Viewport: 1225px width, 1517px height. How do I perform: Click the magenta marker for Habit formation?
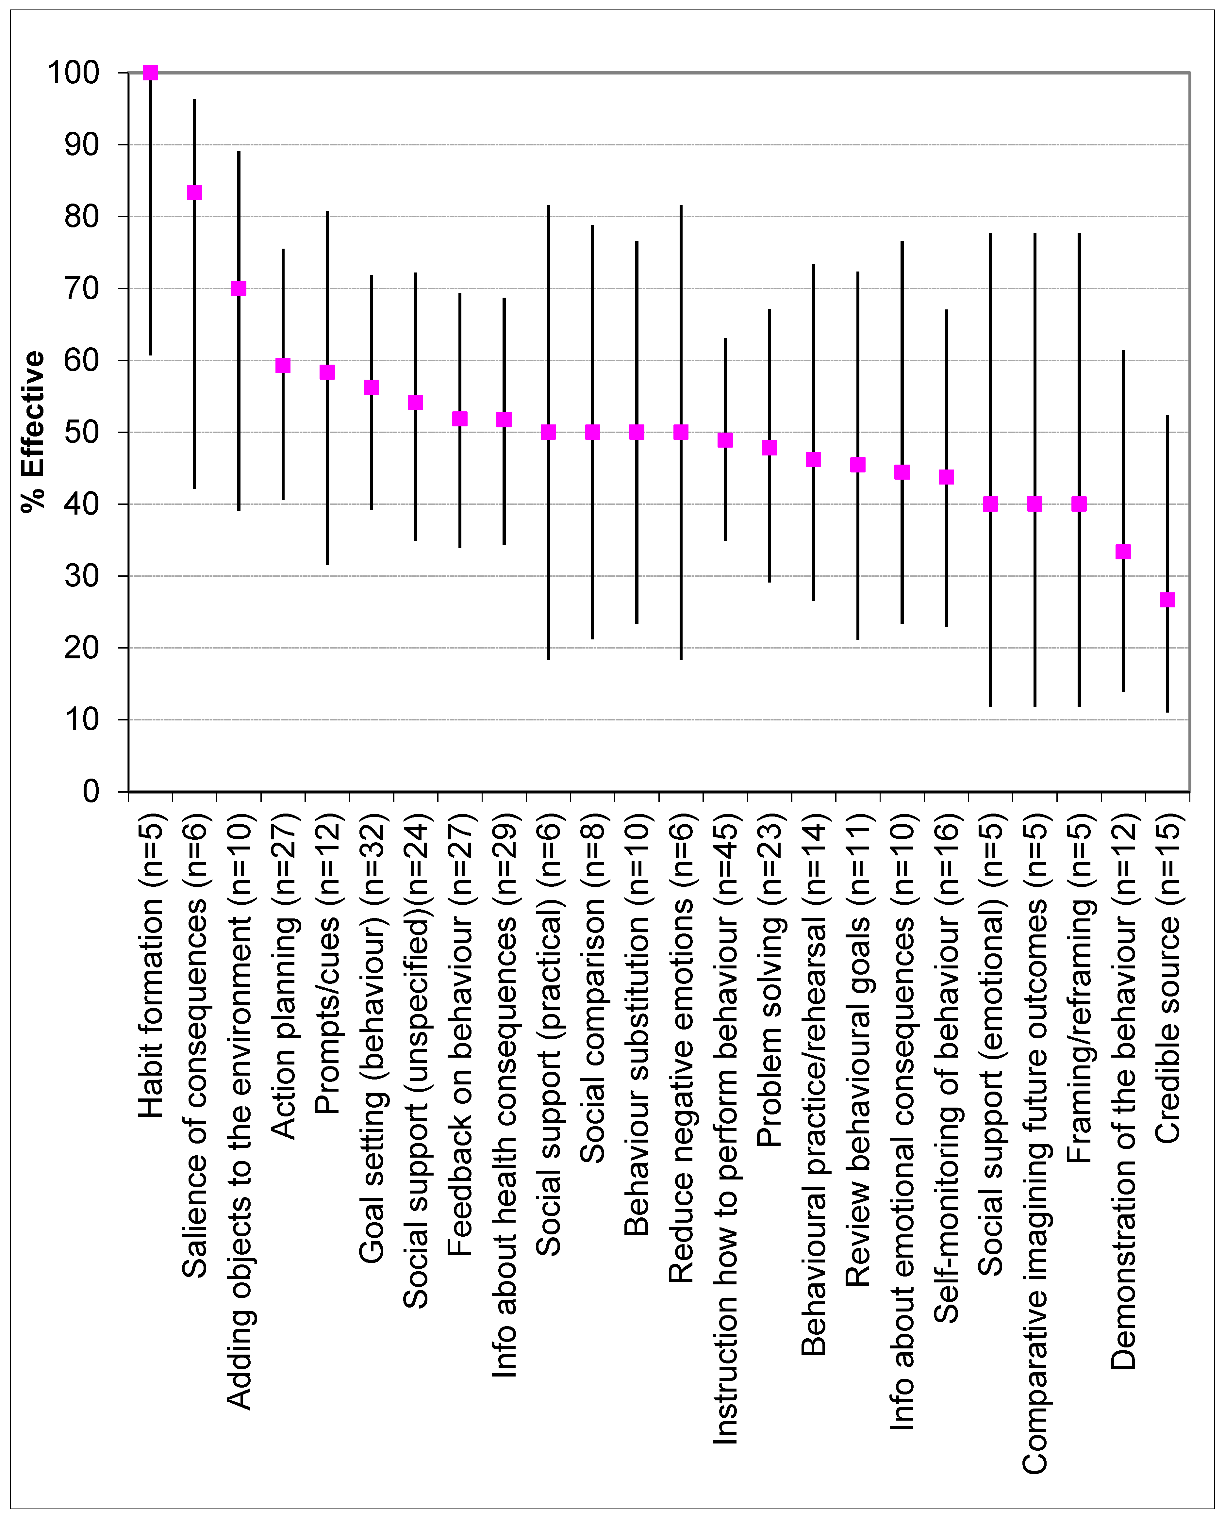(150, 73)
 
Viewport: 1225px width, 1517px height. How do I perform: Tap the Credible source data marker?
(1167, 600)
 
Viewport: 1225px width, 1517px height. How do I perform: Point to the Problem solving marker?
(769, 448)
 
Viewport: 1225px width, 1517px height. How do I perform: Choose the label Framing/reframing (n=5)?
(1079, 988)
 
